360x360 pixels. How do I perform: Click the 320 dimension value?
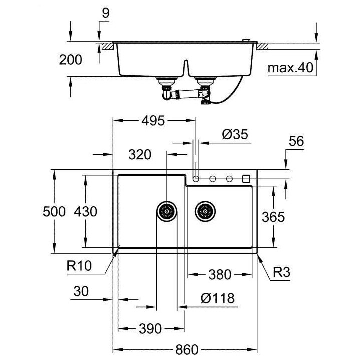click(139, 155)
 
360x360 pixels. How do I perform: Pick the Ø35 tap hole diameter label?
click(234, 135)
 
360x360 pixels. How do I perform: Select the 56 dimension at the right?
click(296, 141)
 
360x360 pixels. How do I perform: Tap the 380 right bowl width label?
click(220, 275)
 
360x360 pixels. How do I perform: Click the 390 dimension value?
click(150, 328)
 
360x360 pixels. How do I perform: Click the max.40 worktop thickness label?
click(290, 68)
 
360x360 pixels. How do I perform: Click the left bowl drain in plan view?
click(167, 211)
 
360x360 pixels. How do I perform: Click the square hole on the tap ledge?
click(246, 179)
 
